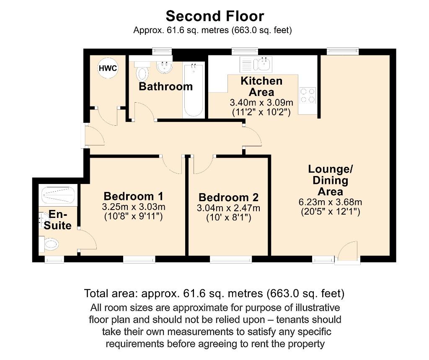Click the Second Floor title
[214, 16]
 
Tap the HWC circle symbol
[108, 69]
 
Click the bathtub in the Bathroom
[194, 90]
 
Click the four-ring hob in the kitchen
[308, 96]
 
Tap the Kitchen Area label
[261, 86]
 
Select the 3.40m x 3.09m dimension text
[261, 103]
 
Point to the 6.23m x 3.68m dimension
[331, 202]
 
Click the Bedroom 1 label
[133, 196]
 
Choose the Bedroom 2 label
[228, 197]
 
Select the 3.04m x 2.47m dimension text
[228, 208]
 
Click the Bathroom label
[165, 87]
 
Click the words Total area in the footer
[110, 293]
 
